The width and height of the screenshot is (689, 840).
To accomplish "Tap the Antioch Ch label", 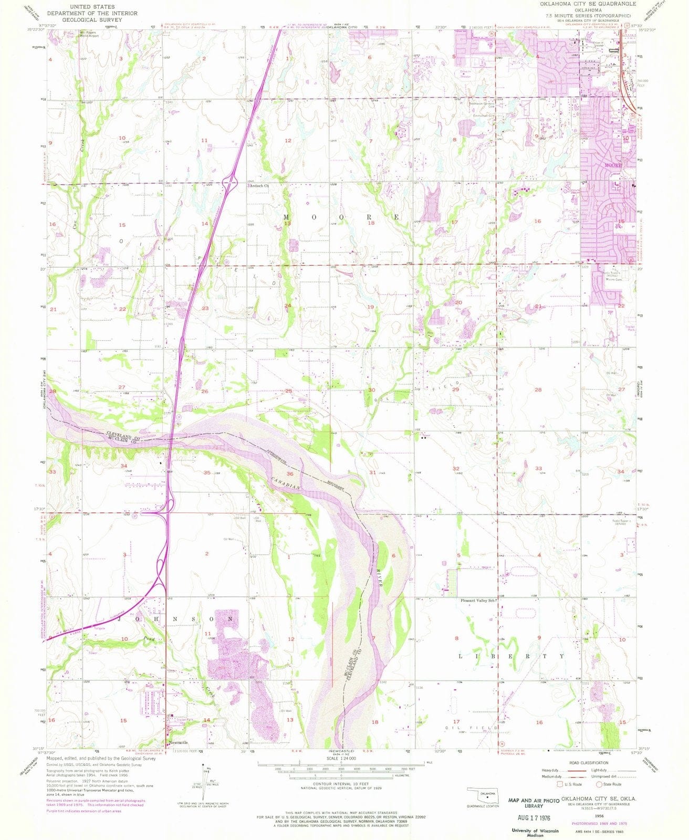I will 259,186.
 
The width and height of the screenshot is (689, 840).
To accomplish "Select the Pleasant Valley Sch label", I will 478,601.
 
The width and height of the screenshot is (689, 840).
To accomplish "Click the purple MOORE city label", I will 613,165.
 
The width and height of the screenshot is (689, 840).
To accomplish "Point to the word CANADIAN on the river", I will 286,482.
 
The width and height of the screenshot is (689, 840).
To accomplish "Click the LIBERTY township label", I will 511,656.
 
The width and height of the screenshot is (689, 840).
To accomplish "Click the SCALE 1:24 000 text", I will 342,758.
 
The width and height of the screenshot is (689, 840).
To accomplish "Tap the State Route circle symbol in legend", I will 599,784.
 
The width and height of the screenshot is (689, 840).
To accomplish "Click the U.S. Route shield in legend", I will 561,784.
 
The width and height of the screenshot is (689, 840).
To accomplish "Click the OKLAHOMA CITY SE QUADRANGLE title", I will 583,4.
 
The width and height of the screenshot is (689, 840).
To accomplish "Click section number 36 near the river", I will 289,474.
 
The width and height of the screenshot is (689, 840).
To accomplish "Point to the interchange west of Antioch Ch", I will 229,183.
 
